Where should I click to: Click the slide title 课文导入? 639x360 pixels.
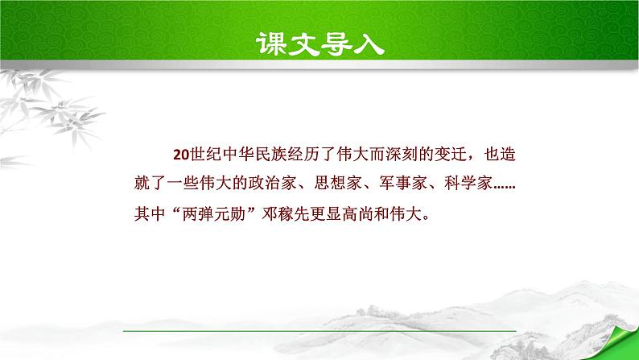tap(319, 42)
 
